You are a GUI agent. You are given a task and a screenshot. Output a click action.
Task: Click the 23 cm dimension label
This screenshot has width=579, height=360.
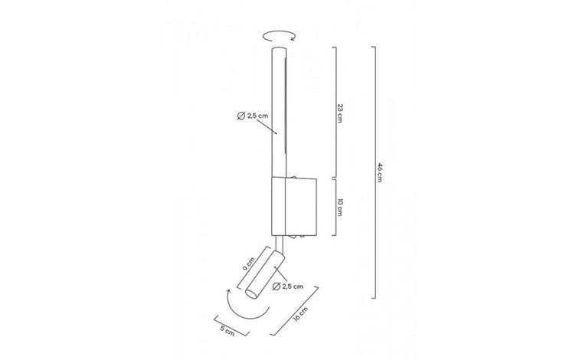pyautogui.click(x=340, y=113)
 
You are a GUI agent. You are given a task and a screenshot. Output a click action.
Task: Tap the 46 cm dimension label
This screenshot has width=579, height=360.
pyautogui.click(x=379, y=172)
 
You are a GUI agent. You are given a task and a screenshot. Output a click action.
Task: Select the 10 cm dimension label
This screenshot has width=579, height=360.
pyautogui.click(x=340, y=207)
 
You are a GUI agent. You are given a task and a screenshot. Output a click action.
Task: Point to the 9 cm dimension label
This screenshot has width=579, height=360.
pyautogui.click(x=249, y=263)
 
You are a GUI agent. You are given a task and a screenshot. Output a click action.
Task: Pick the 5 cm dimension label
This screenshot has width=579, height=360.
pyautogui.click(x=227, y=330)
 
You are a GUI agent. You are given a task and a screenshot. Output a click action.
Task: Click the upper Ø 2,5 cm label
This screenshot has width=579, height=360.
pyautogui.click(x=253, y=116)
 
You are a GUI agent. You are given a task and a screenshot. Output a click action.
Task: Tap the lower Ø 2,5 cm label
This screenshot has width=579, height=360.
pyautogui.click(x=288, y=286)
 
